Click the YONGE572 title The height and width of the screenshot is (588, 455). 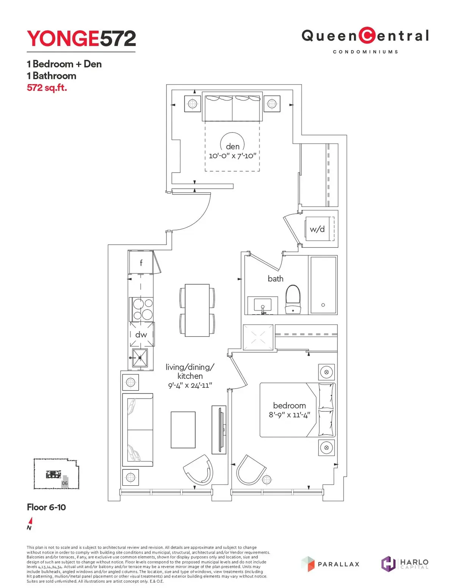[x=81, y=39]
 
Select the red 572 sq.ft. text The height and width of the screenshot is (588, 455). [x=47, y=88]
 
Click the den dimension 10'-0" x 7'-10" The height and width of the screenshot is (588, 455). [x=232, y=156]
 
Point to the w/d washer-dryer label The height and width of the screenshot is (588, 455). [x=317, y=229]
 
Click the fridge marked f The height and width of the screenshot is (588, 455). [x=141, y=262]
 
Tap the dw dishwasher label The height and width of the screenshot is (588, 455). [x=141, y=335]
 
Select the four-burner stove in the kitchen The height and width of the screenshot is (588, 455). [x=142, y=309]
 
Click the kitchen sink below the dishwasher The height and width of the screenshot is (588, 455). [x=140, y=358]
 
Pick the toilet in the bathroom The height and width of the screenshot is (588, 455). [x=293, y=299]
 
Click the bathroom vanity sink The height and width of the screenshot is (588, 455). [x=262, y=305]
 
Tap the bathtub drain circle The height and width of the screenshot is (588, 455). [x=323, y=305]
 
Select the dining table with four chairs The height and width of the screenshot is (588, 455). [x=197, y=310]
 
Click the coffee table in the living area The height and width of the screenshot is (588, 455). [x=183, y=430]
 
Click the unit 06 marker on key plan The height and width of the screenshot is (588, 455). [x=65, y=483]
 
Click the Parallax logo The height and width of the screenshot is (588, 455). [x=330, y=564]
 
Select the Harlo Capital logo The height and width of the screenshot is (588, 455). [x=405, y=563]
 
